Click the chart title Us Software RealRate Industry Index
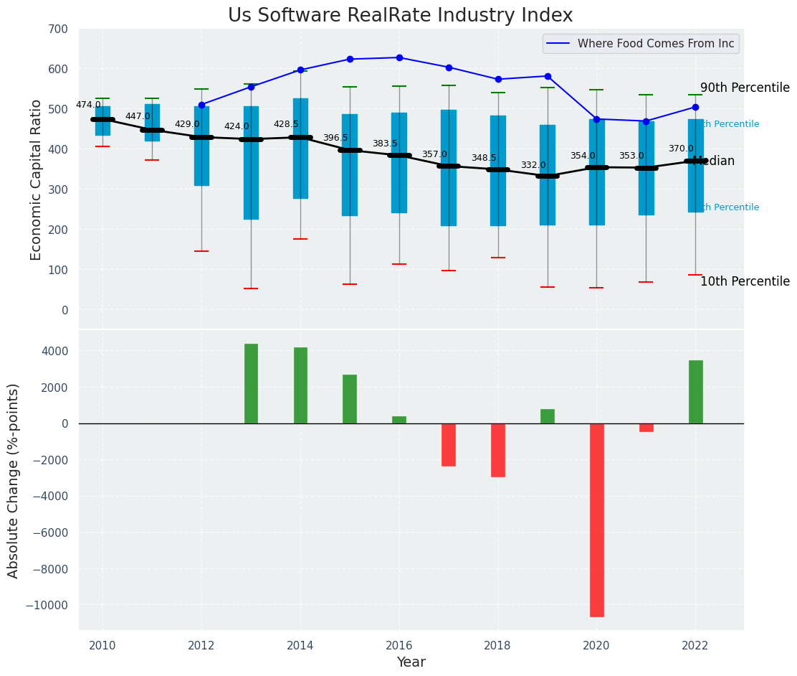pyautogui.click(x=400, y=16)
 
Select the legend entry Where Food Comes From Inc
pyautogui.click(x=655, y=44)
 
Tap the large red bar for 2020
pyautogui.click(x=596, y=520)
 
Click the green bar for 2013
pyautogui.click(x=251, y=383)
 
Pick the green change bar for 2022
pyautogui.click(x=695, y=392)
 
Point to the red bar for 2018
pyautogui.click(x=497, y=450)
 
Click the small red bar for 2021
pyautogui.click(x=646, y=428)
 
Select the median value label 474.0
pyautogui.click(x=88, y=105)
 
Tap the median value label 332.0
pyautogui.click(x=533, y=165)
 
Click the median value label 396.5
pyautogui.click(x=335, y=138)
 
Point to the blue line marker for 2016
pyautogui.click(x=399, y=57)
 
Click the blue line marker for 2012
pyautogui.click(x=201, y=105)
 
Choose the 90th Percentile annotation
pyautogui.click(x=745, y=88)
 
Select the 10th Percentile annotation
pyautogui.click(x=745, y=281)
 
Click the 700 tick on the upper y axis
pyautogui.click(x=58, y=29)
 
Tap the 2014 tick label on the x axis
pyautogui.click(x=300, y=644)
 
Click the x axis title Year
pyautogui.click(x=411, y=662)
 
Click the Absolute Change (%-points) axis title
pyautogui.click(x=14, y=480)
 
